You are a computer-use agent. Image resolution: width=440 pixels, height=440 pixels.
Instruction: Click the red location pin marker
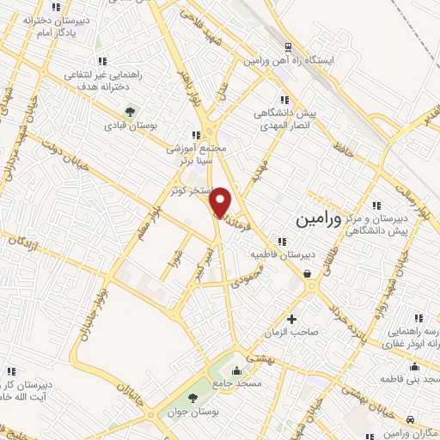(222, 202)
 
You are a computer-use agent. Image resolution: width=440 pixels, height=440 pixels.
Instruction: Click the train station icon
(288, 47)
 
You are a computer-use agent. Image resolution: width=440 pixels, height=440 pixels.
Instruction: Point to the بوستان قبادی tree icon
(131, 111)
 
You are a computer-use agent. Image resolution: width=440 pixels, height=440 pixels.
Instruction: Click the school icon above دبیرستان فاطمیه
(282, 240)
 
